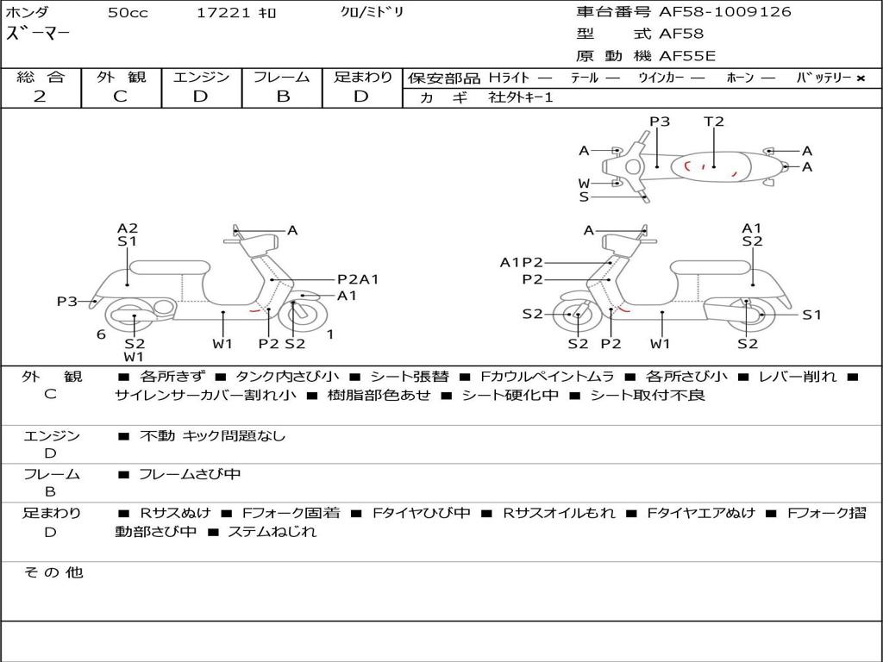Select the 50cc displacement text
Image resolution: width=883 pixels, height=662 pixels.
coord(128,13)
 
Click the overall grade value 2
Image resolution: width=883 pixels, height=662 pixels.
coord(40,97)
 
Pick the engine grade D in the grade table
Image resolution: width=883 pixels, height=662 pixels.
coord(200,97)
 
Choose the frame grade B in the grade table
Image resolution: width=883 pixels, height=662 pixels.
coord(282,97)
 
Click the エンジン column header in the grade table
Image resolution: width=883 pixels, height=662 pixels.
coord(201,78)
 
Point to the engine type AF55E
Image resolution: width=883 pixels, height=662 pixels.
coord(687,56)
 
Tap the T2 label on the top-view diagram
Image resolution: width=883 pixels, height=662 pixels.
coord(714,122)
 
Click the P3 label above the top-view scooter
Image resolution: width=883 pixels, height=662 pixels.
coord(660,122)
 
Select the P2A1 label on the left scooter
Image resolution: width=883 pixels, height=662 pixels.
coord(358,279)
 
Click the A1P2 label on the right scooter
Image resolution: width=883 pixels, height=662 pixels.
coord(521,262)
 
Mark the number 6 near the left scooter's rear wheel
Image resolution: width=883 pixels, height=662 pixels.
coord(101,334)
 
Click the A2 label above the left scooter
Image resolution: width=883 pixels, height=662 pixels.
coord(128,228)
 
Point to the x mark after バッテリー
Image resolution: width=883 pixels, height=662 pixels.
coord(860,78)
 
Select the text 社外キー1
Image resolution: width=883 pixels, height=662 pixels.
coord(521,97)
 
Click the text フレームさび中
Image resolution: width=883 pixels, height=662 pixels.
coord(190,474)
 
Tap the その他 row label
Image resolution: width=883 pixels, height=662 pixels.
coord(53,572)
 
